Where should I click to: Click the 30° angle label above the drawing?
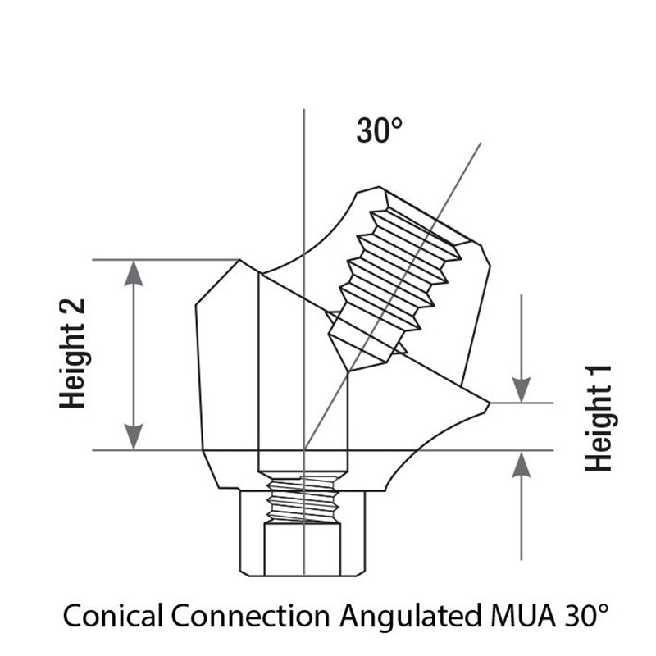(379, 130)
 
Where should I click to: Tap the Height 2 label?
(73, 353)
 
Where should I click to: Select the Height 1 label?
(599, 418)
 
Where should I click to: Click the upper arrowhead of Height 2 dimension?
(134, 273)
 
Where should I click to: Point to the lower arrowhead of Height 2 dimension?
(134, 437)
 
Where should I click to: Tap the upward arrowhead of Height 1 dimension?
(522, 464)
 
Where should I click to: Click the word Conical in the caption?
(112, 616)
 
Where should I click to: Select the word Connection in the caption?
(251, 616)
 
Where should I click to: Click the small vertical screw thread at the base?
(303, 499)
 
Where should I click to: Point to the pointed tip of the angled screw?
(349, 371)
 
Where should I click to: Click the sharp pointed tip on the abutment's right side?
(490, 403)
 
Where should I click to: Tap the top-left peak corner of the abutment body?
(239, 260)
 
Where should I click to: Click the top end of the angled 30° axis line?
(481, 143)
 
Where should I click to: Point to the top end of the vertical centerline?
(304, 109)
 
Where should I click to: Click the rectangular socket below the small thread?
(303, 549)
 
